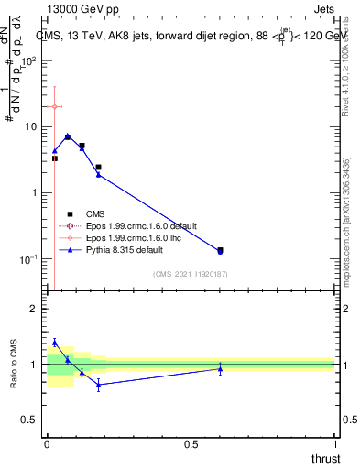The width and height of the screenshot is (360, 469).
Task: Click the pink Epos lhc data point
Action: [x=54, y=107]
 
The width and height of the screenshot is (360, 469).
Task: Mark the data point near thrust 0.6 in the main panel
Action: [x=220, y=250]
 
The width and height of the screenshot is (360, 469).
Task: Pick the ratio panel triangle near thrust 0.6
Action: [x=220, y=369]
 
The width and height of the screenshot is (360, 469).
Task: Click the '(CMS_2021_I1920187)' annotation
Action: [x=191, y=275]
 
